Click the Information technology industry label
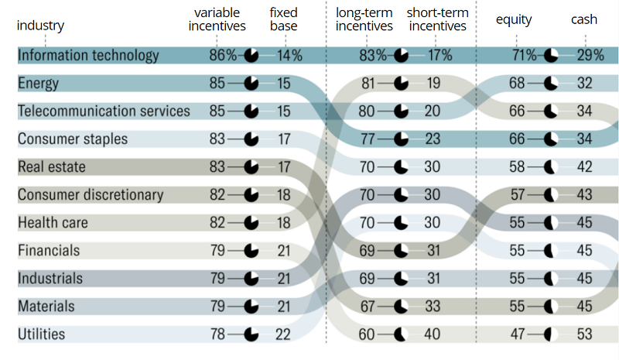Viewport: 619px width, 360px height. tap(88, 55)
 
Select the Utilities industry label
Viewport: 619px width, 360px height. tap(52, 334)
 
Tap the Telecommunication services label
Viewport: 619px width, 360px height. tap(104, 111)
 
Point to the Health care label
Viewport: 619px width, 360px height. tap(53, 223)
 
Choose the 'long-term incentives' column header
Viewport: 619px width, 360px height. tap(364, 19)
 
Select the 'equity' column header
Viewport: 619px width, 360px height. tap(514, 19)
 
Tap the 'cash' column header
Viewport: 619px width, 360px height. tap(584, 19)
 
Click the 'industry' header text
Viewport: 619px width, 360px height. tap(40, 26)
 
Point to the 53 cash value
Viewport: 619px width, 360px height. tap(584, 334)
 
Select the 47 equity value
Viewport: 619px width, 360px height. tap(518, 334)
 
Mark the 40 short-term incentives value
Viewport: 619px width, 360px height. tap(433, 334)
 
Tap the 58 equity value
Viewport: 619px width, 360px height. tap(518, 167)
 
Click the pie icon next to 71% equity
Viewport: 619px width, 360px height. tap(551, 55)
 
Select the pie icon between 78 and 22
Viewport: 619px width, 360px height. tap(251, 334)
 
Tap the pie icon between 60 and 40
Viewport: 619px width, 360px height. tap(400, 334)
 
